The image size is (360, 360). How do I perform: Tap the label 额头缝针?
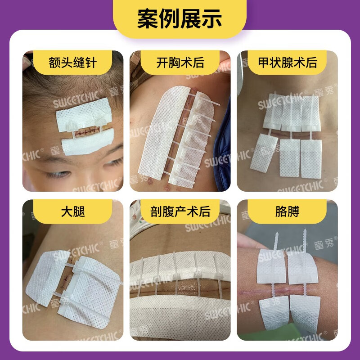click(x=73, y=62)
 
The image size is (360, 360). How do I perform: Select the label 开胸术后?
click(x=180, y=62)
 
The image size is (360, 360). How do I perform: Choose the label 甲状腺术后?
click(x=287, y=62)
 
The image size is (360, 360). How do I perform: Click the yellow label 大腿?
click(x=73, y=211)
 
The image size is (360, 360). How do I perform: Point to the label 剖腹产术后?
click(x=180, y=211)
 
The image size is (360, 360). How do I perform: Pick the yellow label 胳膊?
click(x=287, y=211)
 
